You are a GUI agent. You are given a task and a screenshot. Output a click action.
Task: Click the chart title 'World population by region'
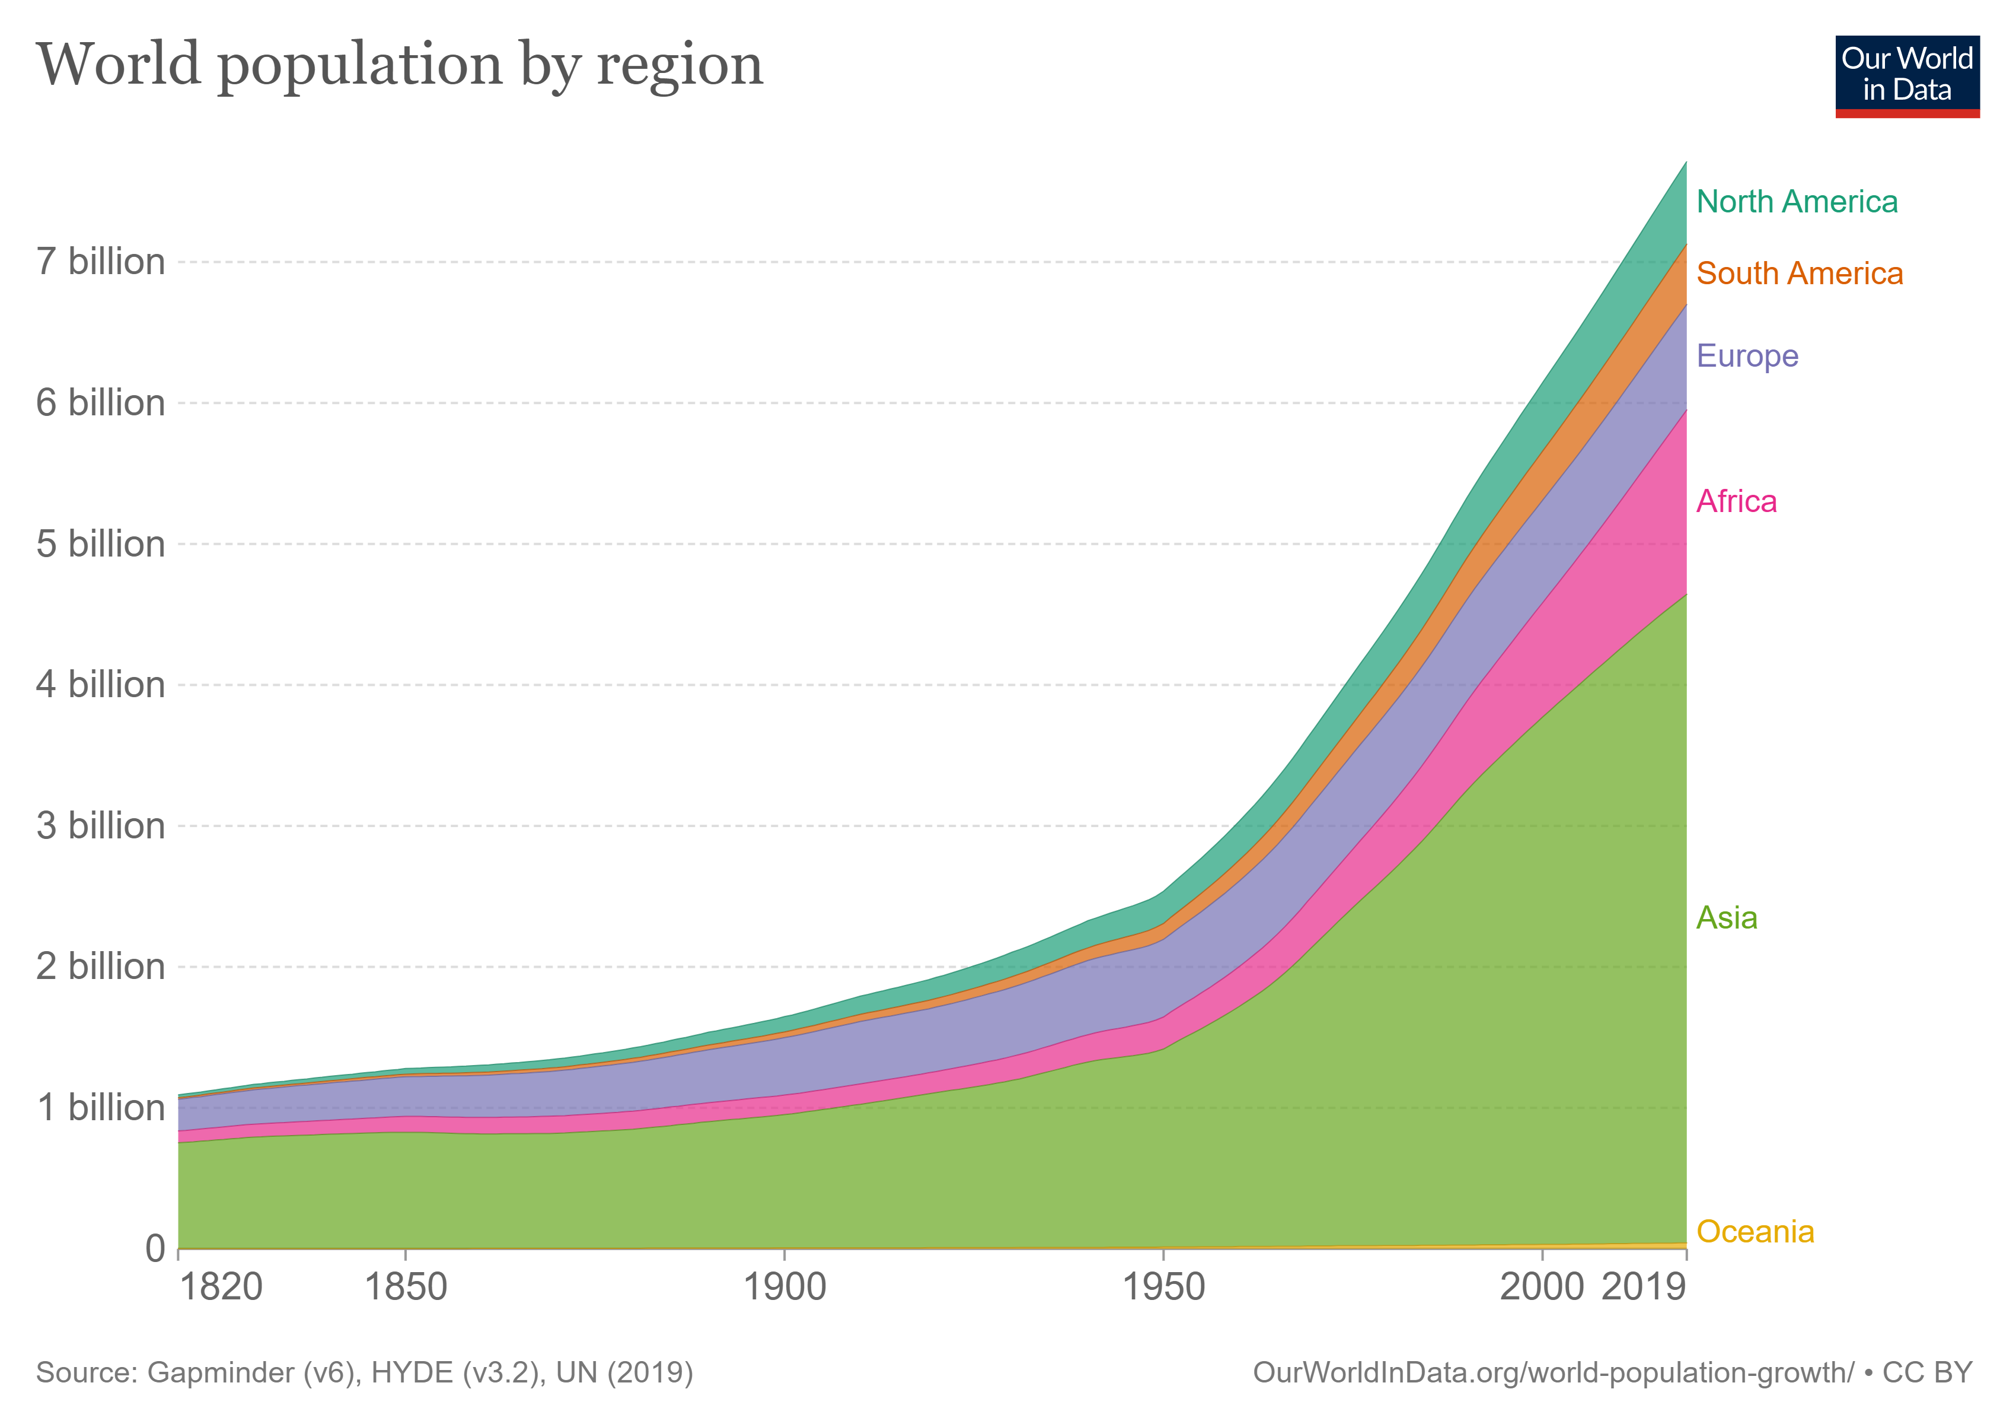(400, 66)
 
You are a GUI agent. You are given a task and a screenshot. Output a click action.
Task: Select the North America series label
(1797, 202)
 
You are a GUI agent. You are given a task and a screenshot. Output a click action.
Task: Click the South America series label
(1799, 274)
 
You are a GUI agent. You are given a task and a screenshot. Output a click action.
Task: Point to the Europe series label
(1747, 356)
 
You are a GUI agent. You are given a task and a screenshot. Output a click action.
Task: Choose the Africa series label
(1736, 501)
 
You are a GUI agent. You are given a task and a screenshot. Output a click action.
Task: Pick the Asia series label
(1726, 918)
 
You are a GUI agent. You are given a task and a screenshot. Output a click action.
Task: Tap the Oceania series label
(1755, 1232)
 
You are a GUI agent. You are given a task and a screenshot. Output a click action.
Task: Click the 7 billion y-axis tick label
(100, 262)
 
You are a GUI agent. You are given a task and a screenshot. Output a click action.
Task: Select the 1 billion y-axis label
(100, 1108)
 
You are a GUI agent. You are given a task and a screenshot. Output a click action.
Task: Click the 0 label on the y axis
(155, 1248)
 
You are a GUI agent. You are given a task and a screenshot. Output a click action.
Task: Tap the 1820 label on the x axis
(221, 1288)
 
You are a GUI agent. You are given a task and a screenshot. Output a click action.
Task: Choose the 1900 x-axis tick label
(784, 1288)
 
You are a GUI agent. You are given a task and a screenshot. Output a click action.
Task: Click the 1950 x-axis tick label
(1163, 1288)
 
